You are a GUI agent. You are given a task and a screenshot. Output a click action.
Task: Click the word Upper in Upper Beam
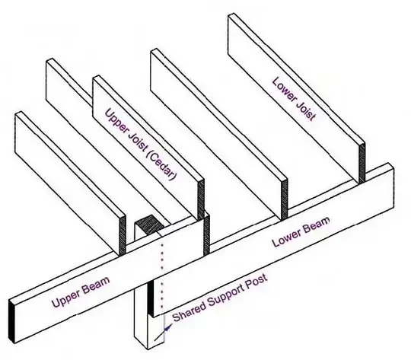tap(65, 298)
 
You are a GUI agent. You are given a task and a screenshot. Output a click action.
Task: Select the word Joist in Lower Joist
tap(305, 110)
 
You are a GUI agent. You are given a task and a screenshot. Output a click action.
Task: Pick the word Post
tap(258, 281)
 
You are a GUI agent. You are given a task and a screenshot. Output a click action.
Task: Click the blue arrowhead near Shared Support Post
tap(168, 327)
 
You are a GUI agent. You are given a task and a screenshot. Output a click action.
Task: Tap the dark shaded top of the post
tap(148, 224)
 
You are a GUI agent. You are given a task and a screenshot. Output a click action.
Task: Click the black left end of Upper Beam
tap(11, 320)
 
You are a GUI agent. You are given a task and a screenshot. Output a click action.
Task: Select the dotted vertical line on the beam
tap(162, 276)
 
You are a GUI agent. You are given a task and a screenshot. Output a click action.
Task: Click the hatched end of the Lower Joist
tap(362, 163)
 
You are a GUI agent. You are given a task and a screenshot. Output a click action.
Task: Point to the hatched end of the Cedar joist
tap(201, 200)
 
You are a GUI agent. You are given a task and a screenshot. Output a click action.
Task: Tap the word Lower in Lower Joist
tap(284, 88)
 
